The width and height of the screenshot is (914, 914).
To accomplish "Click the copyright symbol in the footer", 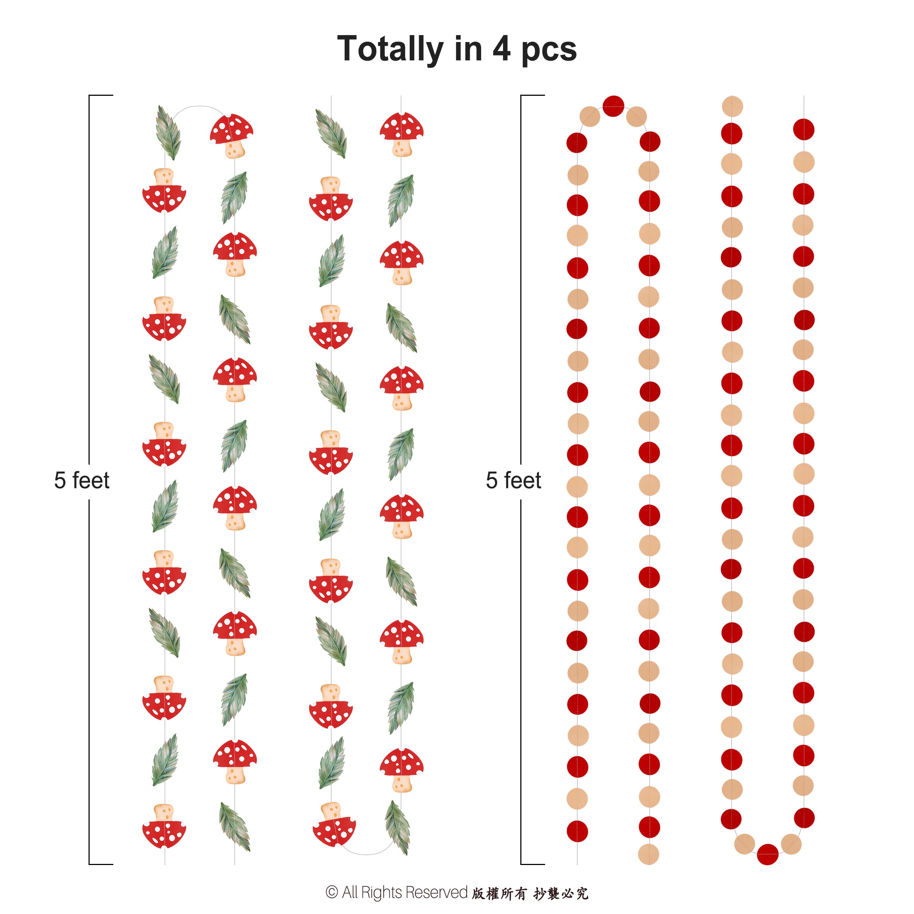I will [332, 892].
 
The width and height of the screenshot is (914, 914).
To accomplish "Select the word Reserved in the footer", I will [436, 892].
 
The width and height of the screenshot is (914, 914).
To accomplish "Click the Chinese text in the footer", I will [530, 893].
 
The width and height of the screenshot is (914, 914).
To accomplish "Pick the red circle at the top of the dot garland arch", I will [613, 106].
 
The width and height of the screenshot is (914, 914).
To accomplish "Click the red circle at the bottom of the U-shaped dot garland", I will [767, 854].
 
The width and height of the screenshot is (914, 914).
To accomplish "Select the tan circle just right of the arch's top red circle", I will [636, 116].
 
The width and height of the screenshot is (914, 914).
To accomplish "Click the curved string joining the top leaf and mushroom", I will [199, 107].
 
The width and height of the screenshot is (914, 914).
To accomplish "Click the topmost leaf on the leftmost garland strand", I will [169, 132].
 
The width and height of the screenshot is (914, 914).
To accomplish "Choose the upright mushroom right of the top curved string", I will [232, 134].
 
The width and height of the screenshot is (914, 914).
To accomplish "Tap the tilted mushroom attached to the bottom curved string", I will [334, 826].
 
